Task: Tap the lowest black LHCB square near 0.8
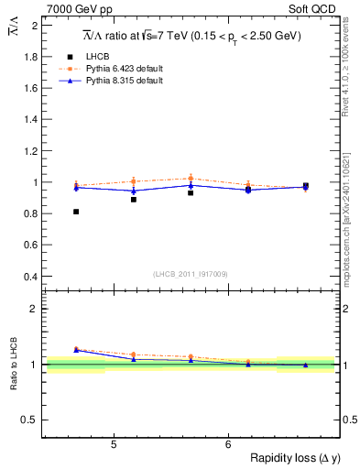pyautogui.click(x=76, y=212)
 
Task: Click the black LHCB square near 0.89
pyautogui.click(x=134, y=199)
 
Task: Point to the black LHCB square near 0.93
pyautogui.click(x=191, y=193)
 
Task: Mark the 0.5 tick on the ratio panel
pyautogui.click(x=31, y=420)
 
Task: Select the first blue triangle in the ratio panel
pyautogui.click(x=76, y=350)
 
